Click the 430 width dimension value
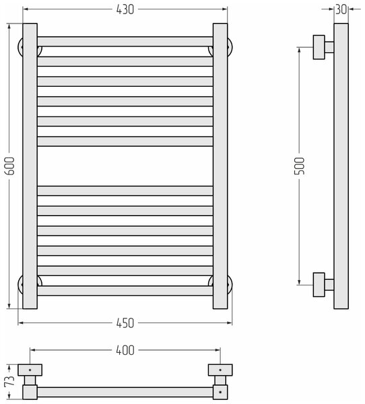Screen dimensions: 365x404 [x=125, y=9]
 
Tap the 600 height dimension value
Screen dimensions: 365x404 [x=11, y=166]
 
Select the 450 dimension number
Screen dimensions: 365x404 [x=125, y=323]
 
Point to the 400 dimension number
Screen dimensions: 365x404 [x=125, y=350]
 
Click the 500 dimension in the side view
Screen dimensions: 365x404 [x=299, y=166]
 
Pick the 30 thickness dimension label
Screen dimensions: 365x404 [x=341, y=9]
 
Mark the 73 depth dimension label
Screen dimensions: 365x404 [x=9, y=381]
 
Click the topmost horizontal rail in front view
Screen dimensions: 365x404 [x=125, y=42]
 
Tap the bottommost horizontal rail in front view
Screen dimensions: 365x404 [x=125, y=291]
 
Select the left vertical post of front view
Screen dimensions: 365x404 [x=30, y=166]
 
